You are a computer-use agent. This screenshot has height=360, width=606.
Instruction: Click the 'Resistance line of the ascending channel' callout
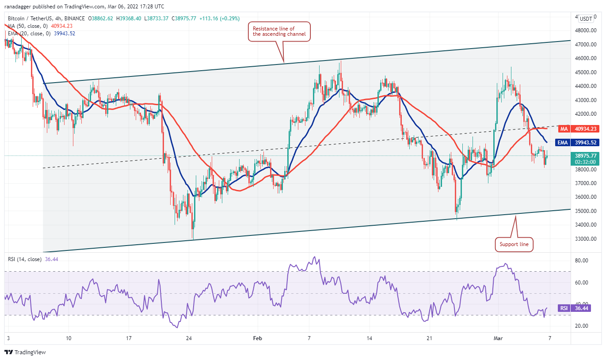(x=279, y=31)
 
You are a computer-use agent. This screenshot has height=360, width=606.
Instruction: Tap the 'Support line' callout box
(x=514, y=244)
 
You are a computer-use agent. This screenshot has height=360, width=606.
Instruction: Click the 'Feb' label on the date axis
(x=258, y=338)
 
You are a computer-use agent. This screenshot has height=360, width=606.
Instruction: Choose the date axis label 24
(x=189, y=338)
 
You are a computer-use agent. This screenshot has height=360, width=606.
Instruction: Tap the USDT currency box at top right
(x=586, y=19)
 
